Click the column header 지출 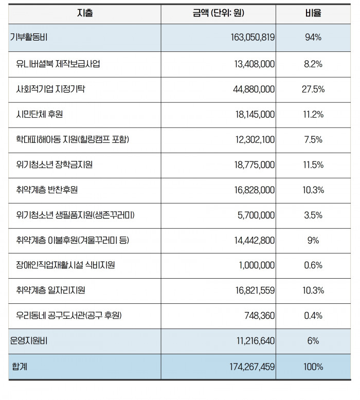pos(85,13)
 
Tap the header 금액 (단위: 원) pos(219,13)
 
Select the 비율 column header pos(313,13)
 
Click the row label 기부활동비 pos(29,38)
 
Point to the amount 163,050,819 pos(253,38)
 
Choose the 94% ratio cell pos(313,38)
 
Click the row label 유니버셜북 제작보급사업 pos(58,64)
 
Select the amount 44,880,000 pos(254,89)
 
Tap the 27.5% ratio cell pos(313,89)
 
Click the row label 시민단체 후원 pos(40,114)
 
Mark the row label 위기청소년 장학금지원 pos(54,165)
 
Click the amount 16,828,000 pos(255,190)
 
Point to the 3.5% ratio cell pos(313,215)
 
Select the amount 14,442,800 pos(255,241)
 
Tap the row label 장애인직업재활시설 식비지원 pos(65,265)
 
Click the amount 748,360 pos(260,316)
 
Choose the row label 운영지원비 pos(29,341)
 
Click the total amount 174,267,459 pos(252,367)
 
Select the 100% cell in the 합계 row pos(313,367)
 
